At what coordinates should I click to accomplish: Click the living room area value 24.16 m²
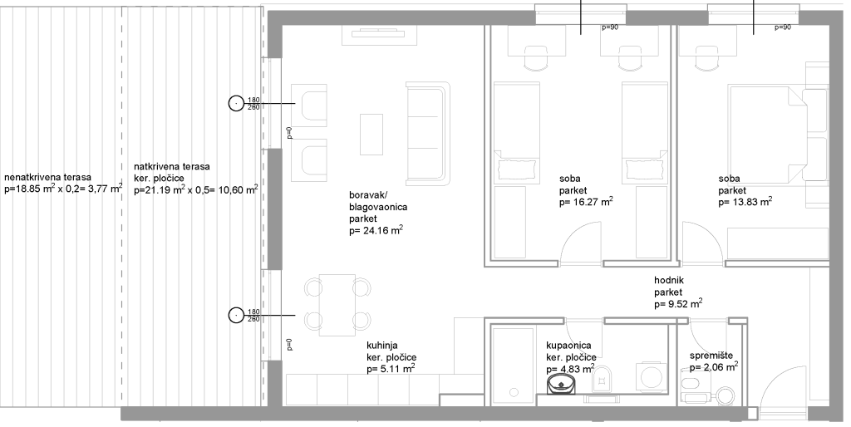(x=382, y=231)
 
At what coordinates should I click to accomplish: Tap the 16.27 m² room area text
(x=592, y=203)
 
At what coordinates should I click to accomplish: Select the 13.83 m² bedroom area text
(x=751, y=203)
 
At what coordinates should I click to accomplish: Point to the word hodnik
(x=669, y=281)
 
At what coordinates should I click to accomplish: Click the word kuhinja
(x=382, y=345)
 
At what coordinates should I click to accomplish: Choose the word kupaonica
(x=568, y=346)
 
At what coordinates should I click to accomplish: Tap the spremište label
(x=711, y=356)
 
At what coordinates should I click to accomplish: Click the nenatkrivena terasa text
(x=47, y=178)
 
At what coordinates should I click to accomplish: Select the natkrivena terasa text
(x=172, y=167)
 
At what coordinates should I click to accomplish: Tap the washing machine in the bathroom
(x=650, y=375)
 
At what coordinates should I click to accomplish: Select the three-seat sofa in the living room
(x=429, y=134)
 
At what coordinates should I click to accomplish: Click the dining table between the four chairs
(x=337, y=304)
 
